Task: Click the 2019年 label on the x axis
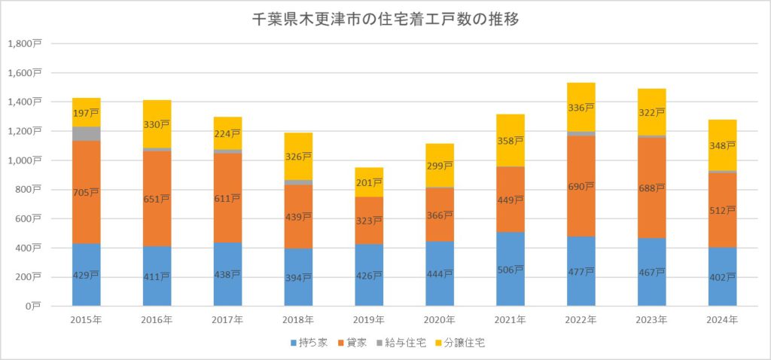pyautogui.click(x=368, y=320)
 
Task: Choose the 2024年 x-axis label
pyautogui.click(x=722, y=320)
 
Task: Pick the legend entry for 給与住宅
pyautogui.click(x=405, y=343)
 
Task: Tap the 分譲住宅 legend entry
pyautogui.click(x=462, y=343)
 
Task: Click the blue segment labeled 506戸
pyautogui.click(x=510, y=269)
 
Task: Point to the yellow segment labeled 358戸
pyautogui.click(x=510, y=140)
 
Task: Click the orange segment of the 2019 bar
pyautogui.click(x=368, y=220)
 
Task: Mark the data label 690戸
pyautogui.click(x=581, y=185)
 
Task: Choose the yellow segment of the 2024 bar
pyautogui.click(x=722, y=145)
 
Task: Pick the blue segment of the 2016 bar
pyautogui.click(x=156, y=276)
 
